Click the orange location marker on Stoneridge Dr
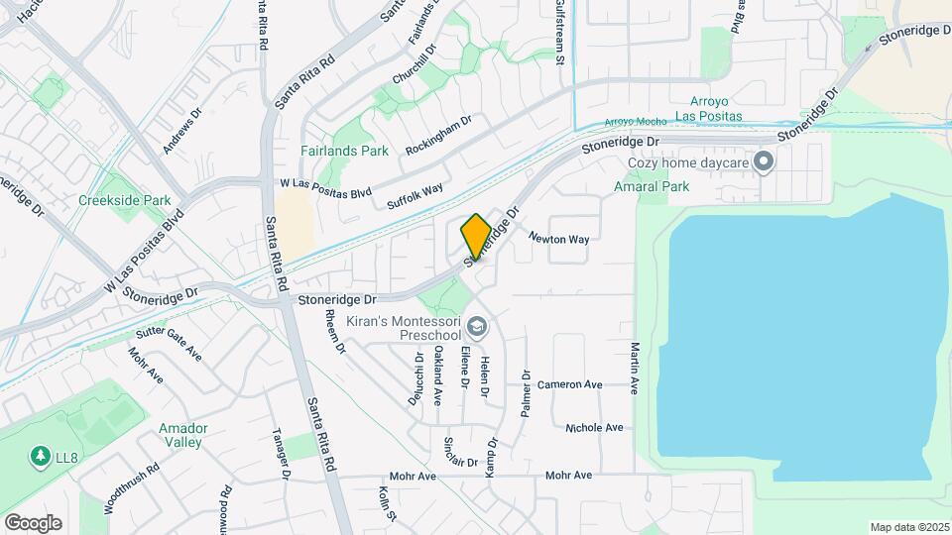click(x=476, y=237)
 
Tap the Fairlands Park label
click(x=344, y=152)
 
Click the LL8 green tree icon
click(x=41, y=457)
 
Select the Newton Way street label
click(x=558, y=238)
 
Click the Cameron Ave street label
click(x=570, y=384)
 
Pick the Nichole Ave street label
click(x=594, y=428)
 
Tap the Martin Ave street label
click(x=634, y=367)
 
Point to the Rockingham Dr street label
click(x=437, y=135)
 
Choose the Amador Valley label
click(x=182, y=435)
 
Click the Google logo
click(x=33, y=522)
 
